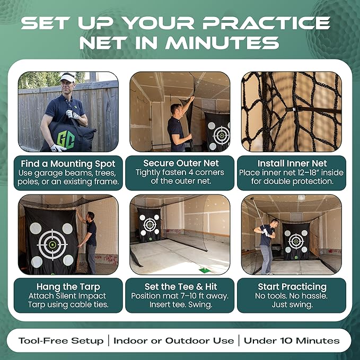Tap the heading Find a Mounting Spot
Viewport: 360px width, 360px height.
pyautogui.click(x=68, y=163)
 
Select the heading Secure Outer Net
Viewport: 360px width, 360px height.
pyautogui.click(x=180, y=163)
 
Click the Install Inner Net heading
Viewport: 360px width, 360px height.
pyautogui.click(x=291, y=163)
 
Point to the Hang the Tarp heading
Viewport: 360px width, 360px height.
pyautogui.click(x=68, y=286)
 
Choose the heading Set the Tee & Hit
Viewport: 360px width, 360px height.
pyautogui.click(x=180, y=286)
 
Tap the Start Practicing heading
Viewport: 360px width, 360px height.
pyautogui.click(x=291, y=286)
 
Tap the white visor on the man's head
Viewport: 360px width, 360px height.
pyautogui.click(x=67, y=77)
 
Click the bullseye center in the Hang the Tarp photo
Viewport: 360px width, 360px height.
pyautogui.click(x=52, y=244)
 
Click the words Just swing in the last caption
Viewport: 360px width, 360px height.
pyautogui.click(x=291, y=305)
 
